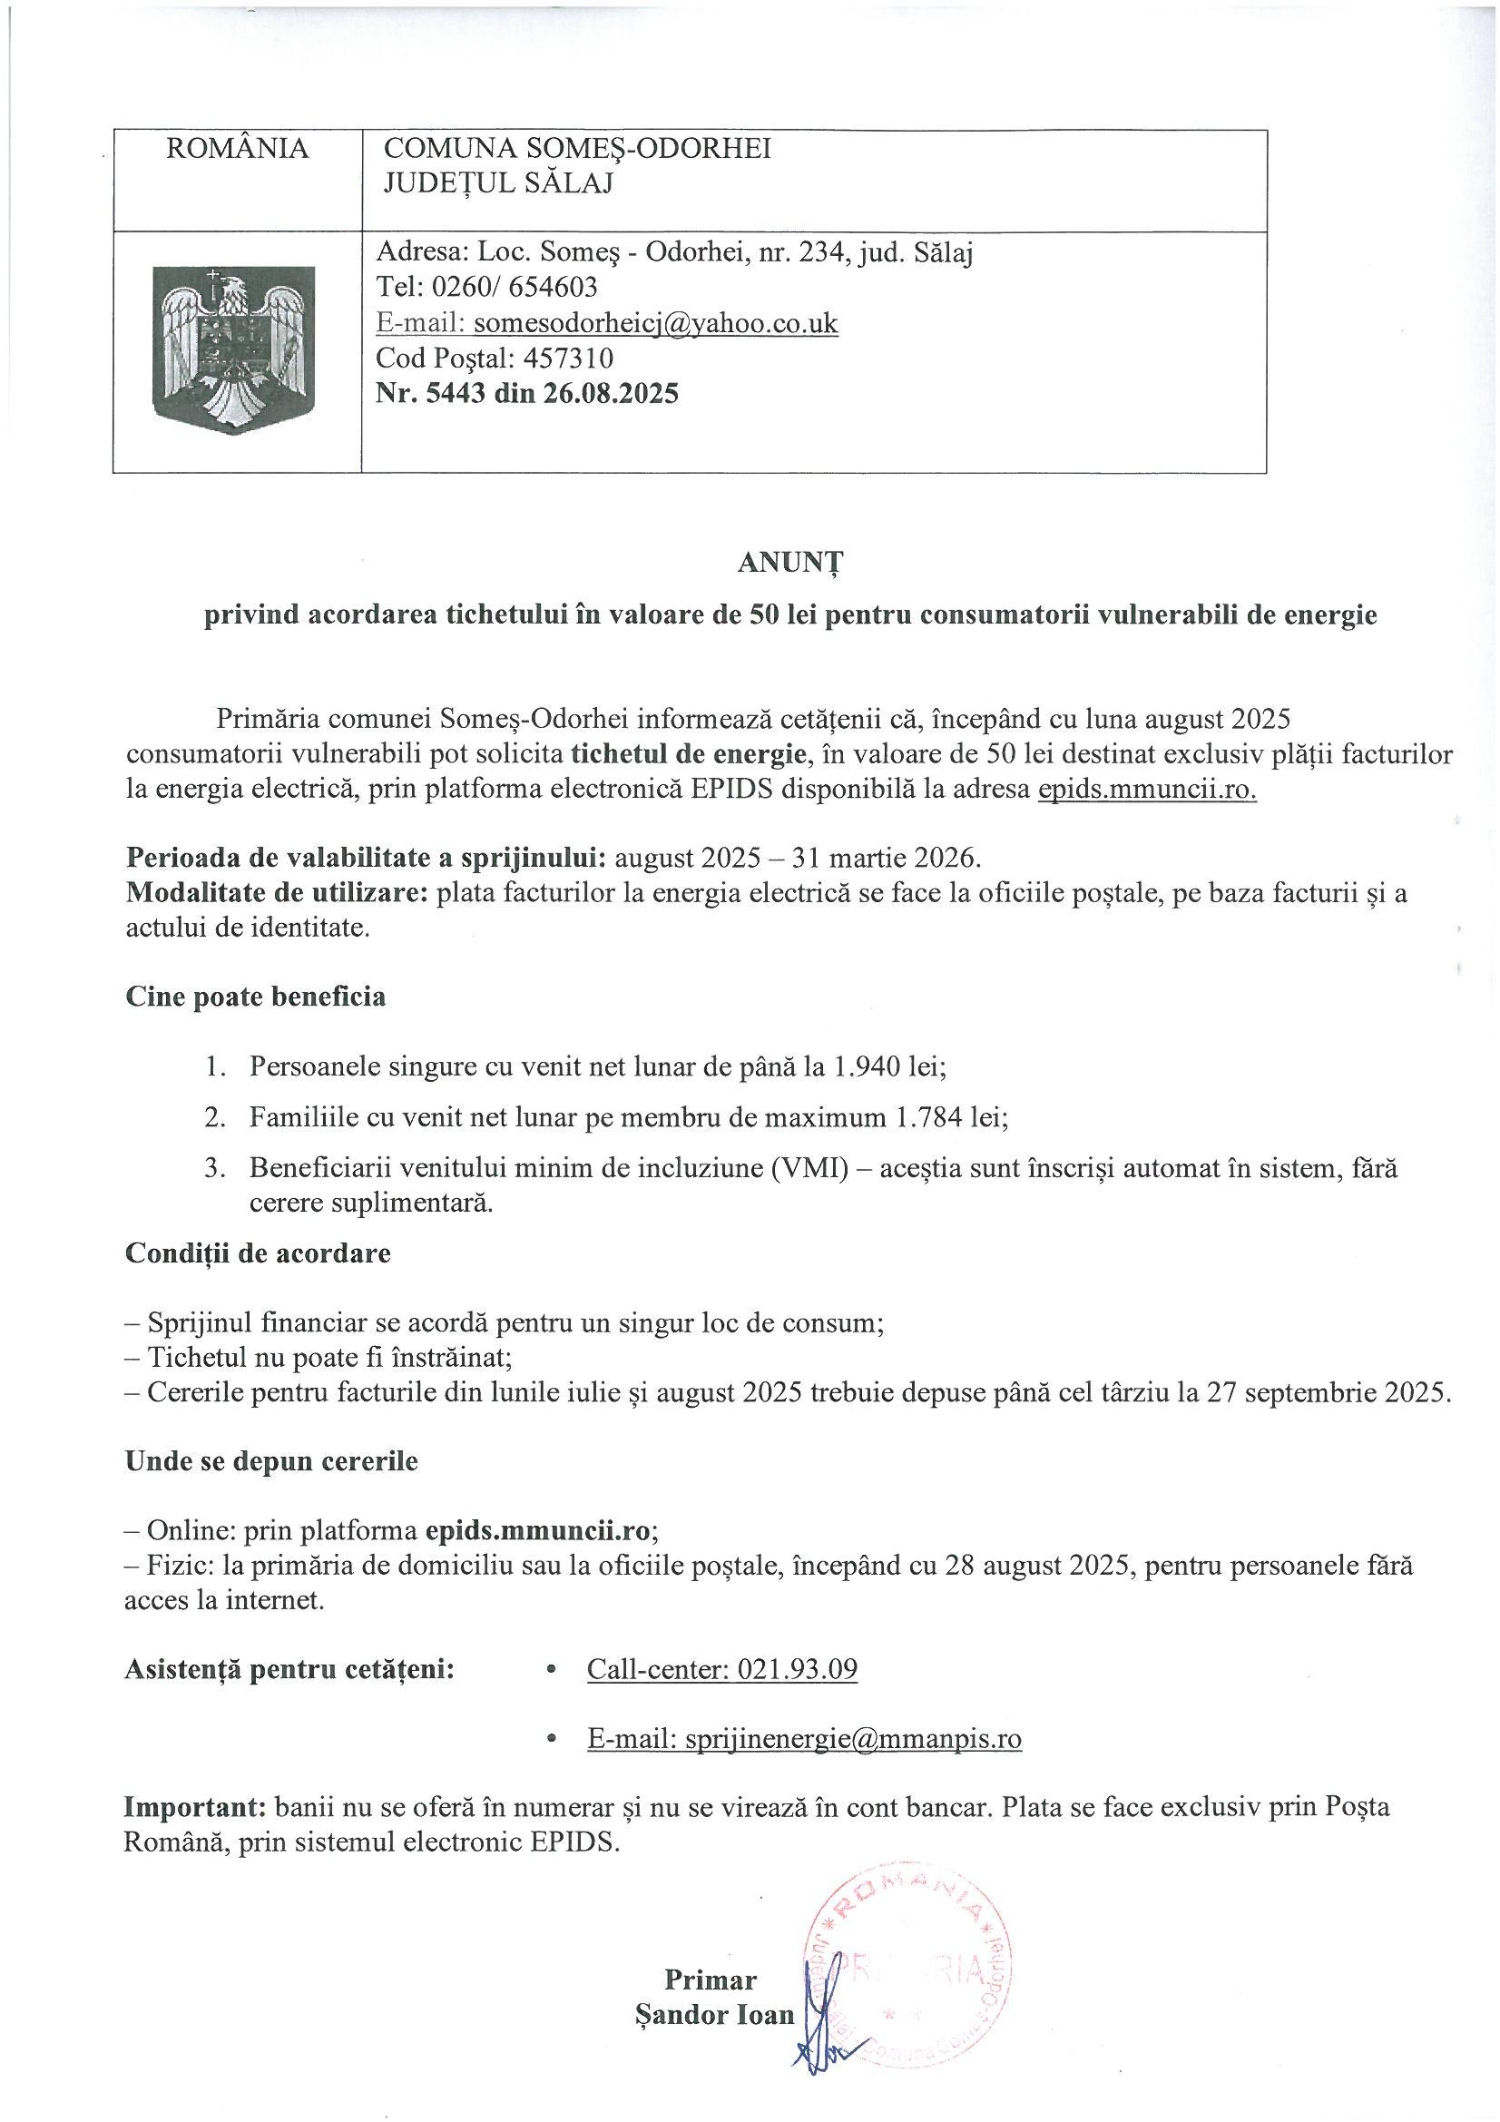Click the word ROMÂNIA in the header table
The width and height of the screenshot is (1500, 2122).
click(238, 149)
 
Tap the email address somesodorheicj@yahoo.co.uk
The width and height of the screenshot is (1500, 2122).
click(655, 322)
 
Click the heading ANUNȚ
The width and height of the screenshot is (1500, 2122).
click(790, 564)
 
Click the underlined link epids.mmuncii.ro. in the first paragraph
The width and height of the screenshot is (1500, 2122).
click(1147, 791)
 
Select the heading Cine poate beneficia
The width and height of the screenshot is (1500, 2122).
click(255, 997)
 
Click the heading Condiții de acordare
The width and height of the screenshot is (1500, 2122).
click(258, 1253)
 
